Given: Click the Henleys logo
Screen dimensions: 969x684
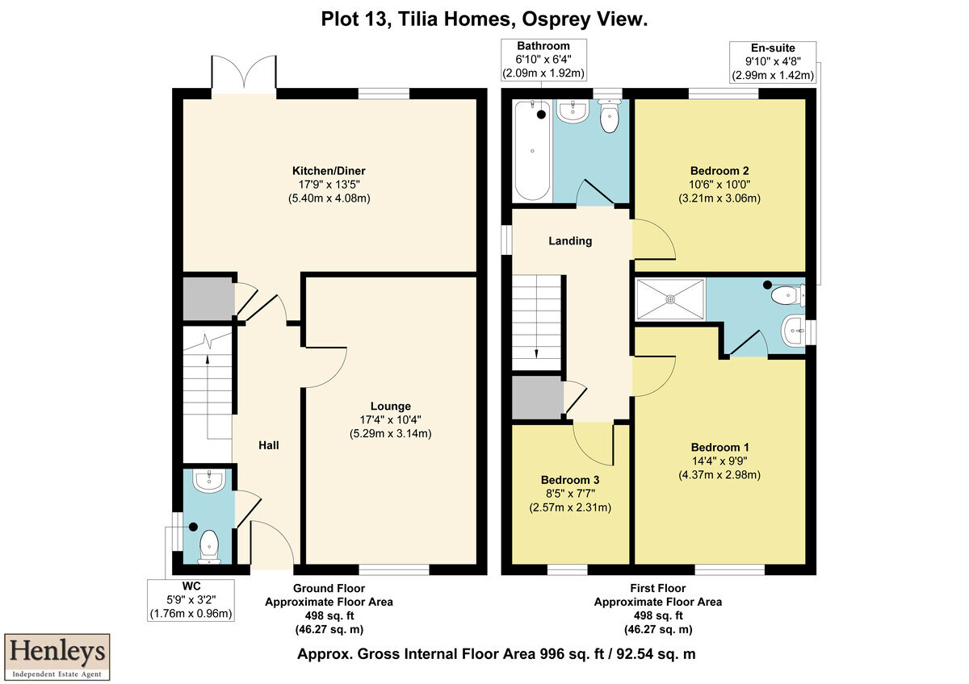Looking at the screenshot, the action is point(57,657).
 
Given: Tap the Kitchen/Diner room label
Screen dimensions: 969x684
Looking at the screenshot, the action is point(329,171).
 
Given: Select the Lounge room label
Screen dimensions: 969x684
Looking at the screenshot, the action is point(391,407).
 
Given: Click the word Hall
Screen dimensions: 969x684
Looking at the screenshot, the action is point(269,445).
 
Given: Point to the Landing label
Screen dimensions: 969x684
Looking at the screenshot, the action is point(570,241).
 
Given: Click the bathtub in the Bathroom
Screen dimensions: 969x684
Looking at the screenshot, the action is point(532,150).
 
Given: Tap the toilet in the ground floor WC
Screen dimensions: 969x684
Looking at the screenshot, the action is point(209,547).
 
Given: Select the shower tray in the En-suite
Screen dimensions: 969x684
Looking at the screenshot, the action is point(670,299).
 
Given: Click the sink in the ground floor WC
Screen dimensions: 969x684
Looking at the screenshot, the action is point(208,481).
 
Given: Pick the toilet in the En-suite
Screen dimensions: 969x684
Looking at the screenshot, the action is point(788,295).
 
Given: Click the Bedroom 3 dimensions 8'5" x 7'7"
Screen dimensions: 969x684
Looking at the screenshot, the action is point(570,494).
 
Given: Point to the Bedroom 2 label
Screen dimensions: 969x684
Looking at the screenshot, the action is point(719,171).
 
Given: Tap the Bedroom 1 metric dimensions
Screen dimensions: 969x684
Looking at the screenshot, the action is point(719,475).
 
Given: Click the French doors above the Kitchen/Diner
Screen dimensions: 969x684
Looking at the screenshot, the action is point(244,73).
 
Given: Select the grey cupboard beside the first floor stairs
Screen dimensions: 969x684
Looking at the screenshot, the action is point(537,398).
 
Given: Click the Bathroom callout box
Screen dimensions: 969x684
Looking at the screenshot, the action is point(543,60).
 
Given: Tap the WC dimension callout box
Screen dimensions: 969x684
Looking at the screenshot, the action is point(191,600).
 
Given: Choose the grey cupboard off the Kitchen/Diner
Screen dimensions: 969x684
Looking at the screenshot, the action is point(208,299).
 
